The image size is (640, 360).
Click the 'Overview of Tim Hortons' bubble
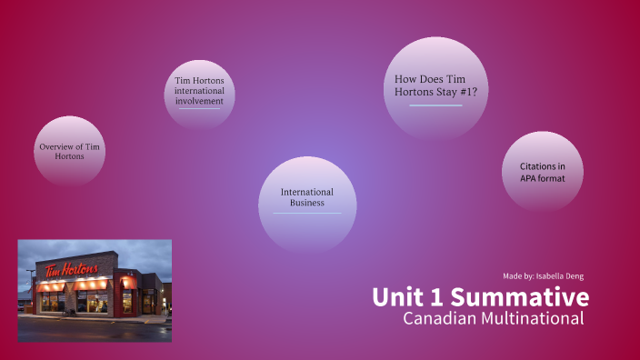click(69, 151)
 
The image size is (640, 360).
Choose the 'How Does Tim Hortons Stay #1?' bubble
click(435, 85)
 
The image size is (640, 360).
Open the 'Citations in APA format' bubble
click(543, 171)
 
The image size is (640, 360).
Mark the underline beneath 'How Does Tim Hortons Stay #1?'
click(435, 105)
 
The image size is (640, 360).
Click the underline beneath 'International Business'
click(307, 214)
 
